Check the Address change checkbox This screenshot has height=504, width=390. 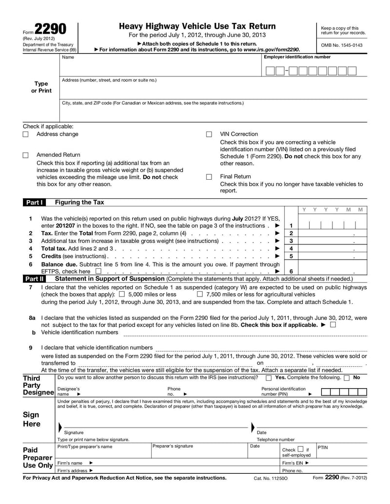pyautogui.click(x=26, y=134)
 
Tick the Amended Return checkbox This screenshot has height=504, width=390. pyautogui.click(x=26, y=155)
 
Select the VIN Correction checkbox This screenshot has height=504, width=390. pyautogui.click(x=209, y=134)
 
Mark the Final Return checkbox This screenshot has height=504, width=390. pyautogui.click(x=209, y=177)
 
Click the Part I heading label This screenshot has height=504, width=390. pyautogui.click(x=34, y=202)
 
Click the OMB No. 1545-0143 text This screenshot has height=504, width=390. pyautogui.click(x=342, y=45)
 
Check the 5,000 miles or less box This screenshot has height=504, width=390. pyautogui.click(x=122, y=294)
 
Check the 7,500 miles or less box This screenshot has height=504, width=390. pyautogui.click(x=200, y=294)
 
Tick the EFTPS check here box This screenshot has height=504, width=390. pyautogui.click(x=98, y=271)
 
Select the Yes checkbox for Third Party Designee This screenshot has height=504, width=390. pyautogui.click(x=269, y=378)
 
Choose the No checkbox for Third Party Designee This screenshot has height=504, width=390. pyautogui.click(x=347, y=378)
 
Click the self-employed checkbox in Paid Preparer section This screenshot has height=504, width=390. pyautogui.click(x=301, y=449)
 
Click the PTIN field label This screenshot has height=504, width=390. pyautogui.click(x=323, y=447)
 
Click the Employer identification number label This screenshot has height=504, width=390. pyautogui.click(x=297, y=57)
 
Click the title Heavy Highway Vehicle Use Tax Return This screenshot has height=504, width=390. pyautogui.click(x=197, y=26)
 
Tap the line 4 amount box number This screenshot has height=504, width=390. pyautogui.click(x=291, y=248)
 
